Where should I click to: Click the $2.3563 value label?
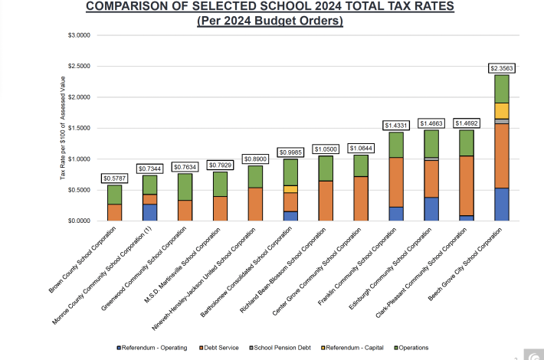tap(502, 68)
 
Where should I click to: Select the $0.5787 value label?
tap(114, 178)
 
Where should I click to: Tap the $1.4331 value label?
tap(396, 125)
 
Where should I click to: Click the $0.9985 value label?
tap(290, 152)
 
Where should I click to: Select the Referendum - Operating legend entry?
tap(153, 347)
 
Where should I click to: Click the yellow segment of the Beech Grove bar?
tap(502, 110)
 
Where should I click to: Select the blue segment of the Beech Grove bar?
tap(502, 204)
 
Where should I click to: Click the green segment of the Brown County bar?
tap(114, 195)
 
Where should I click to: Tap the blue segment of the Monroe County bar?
tap(149, 212)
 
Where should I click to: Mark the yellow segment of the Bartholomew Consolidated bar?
tap(290, 188)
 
